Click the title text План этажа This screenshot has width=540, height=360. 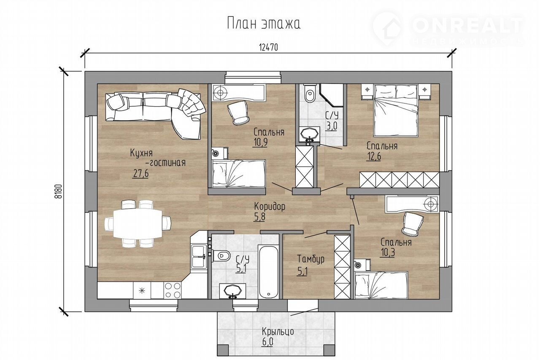[x=264, y=23]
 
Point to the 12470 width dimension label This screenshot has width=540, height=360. [x=269, y=48]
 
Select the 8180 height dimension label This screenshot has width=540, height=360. [x=59, y=191]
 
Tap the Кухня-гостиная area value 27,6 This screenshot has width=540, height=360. [x=140, y=173]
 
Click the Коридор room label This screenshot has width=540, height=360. [x=270, y=207]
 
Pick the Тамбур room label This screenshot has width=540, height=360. [x=310, y=259]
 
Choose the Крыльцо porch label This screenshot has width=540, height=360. [x=278, y=332]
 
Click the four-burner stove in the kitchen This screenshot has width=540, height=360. [x=173, y=290]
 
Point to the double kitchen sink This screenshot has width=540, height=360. [x=199, y=256]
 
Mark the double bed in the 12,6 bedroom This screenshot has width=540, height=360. [x=396, y=110]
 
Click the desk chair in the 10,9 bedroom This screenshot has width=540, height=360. [x=238, y=113]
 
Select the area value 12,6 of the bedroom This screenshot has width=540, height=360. [x=373, y=156]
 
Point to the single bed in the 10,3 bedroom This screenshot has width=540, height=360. [x=381, y=285]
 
